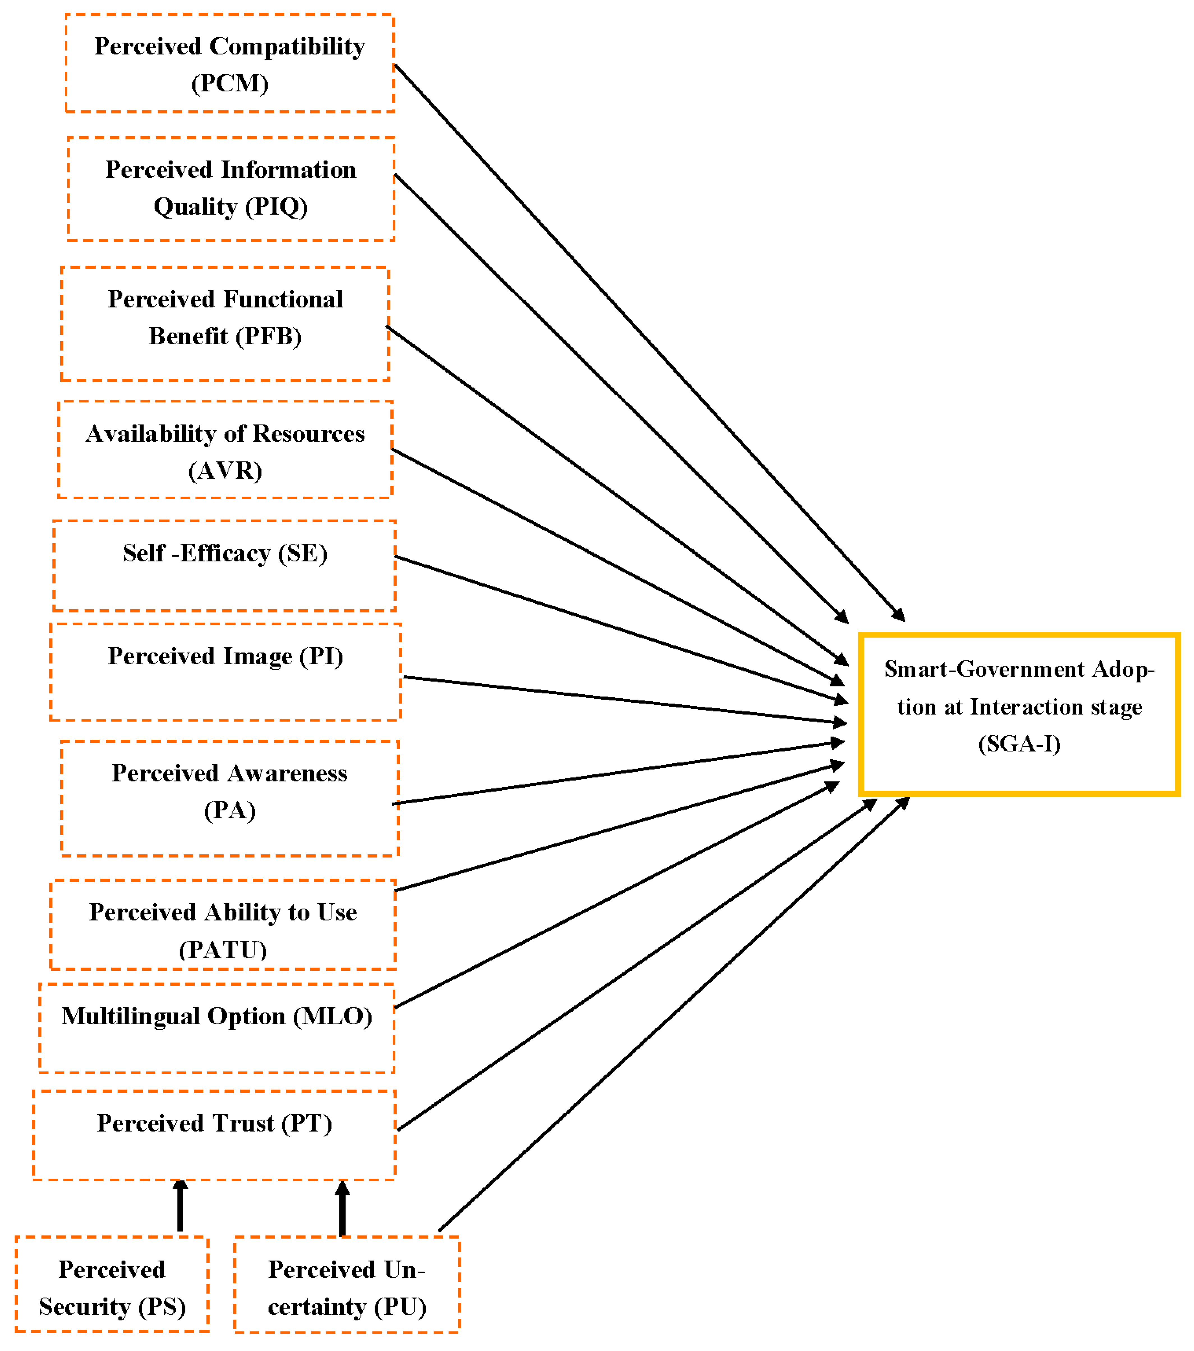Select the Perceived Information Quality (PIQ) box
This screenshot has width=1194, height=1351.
(231, 189)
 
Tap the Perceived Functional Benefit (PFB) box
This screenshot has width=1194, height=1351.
(225, 324)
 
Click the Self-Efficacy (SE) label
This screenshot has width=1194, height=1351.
(225, 553)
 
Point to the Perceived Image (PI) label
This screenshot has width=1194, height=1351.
(226, 656)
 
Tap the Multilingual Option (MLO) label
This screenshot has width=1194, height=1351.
(217, 1016)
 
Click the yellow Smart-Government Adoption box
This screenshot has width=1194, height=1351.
(1019, 714)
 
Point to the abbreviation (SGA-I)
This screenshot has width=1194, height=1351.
(1019, 744)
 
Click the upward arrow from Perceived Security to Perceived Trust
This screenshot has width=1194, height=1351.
(180, 1206)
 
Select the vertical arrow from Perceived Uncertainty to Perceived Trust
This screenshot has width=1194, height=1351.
(342, 1208)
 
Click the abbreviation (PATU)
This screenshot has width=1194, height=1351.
(223, 950)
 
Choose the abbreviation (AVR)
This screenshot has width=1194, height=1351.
(225, 471)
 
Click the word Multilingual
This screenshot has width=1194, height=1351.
(130, 1016)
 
